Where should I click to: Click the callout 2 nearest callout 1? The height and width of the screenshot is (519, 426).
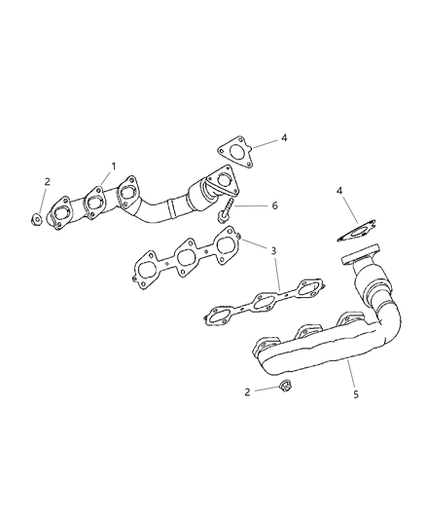pos(46,182)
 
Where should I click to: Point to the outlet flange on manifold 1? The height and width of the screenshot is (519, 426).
pos(222,184)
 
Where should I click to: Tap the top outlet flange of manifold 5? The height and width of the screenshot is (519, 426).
pos(359,258)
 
